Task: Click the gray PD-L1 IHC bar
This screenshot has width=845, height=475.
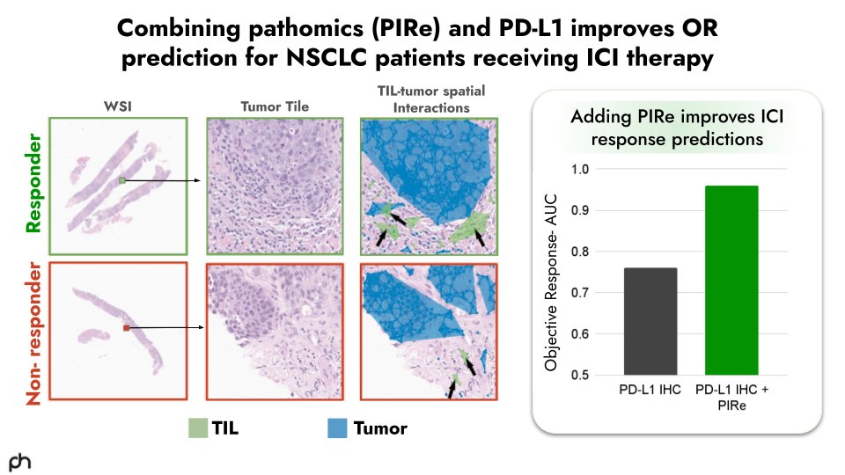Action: pyautogui.click(x=651, y=322)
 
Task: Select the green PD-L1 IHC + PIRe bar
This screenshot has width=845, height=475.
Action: pyautogui.click(x=731, y=281)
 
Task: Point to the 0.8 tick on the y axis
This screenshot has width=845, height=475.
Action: pyautogui.click(x=582, y=252)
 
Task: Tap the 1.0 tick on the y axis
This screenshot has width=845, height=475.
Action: pyautogui.click(x=582, y=169)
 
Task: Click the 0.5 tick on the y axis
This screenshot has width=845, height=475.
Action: pyautogui.click(x=582, y=375)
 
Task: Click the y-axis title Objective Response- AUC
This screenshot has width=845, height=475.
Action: pyautogui.click(x=552, y=273)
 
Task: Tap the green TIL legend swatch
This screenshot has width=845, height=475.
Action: pyautogui.click(x=197, y=428)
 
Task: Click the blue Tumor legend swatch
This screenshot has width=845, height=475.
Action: pyautogui.click(x=338, y=428)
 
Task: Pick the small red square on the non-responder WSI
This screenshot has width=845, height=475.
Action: pyautogui.click(x=127, y=327)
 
